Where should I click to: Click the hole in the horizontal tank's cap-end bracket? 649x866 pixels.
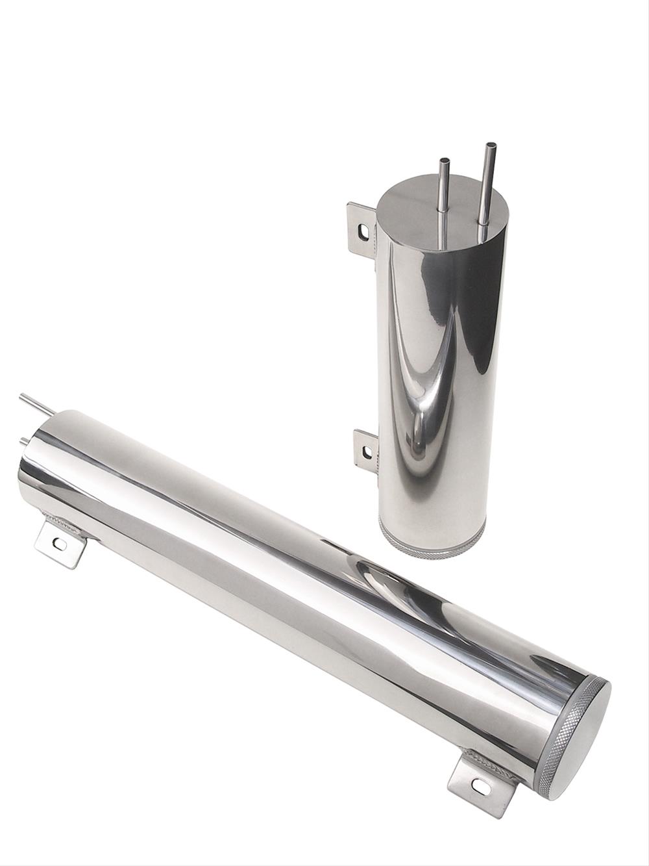click(481, 786)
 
